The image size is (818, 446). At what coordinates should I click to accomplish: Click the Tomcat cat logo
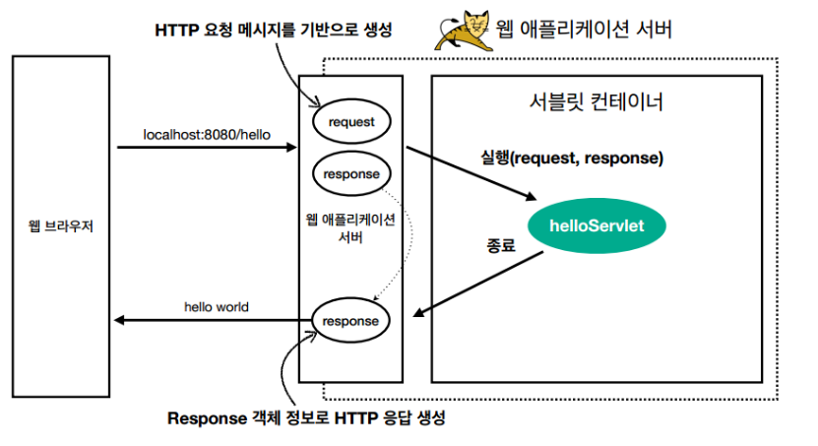coord(459,30)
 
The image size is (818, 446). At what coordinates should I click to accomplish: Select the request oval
coord(350,121)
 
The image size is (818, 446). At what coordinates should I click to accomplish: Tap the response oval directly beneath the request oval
coord(350,173)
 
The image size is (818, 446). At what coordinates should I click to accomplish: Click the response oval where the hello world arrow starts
coord(350,321)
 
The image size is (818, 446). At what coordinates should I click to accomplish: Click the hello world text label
coord(216,306)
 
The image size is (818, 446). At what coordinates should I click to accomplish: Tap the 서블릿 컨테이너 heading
coord(596,101)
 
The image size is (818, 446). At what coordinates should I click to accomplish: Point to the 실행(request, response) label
coord(572,158)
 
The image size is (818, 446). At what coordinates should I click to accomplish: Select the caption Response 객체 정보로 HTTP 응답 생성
coord(307,418)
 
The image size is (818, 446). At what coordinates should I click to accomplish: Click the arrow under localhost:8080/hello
coord(207,149)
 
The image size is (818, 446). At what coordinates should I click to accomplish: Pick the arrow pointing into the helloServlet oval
coord(472,173)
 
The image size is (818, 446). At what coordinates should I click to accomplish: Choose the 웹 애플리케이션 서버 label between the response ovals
coord(350,228)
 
